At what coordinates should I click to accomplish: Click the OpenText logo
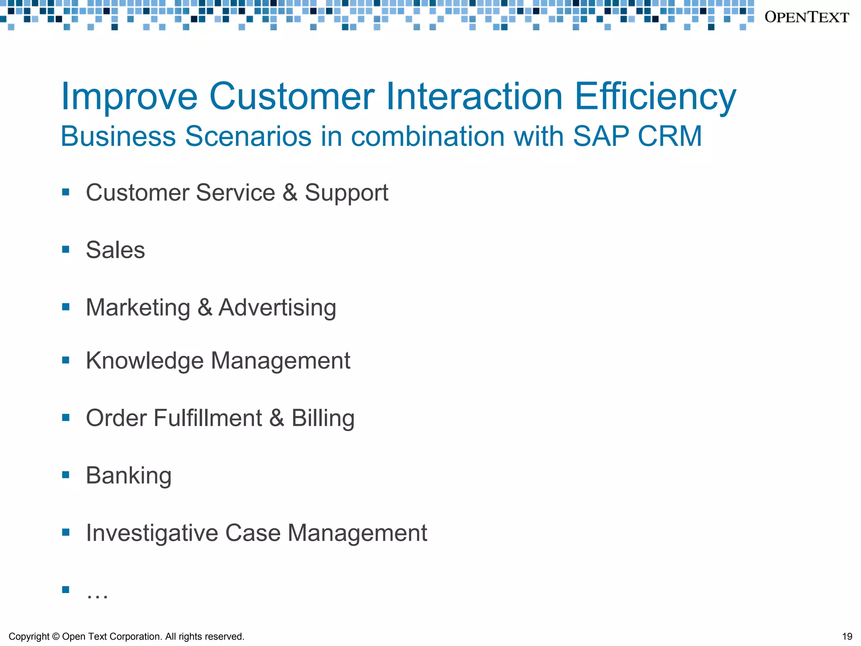coord(806,17)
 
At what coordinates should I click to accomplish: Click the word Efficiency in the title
coord(655,97)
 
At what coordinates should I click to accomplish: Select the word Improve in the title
coord(129,97)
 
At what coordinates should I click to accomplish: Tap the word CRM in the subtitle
coord(670,136)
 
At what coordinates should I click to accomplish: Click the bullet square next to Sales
coord(66,249)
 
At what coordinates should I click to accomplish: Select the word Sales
coord(115,250)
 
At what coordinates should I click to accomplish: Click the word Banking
coord(129,476)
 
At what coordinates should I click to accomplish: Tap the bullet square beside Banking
coord(66,475)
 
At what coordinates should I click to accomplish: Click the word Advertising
coord(277,307)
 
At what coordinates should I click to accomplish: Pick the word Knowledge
coord(145,361)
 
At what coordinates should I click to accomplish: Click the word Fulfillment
coord(208,418)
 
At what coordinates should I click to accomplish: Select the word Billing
coord(323,418)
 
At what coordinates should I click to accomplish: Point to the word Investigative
coord(152,533)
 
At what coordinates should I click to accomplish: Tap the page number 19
coord(847,636)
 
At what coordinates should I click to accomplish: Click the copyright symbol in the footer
coord(55,637)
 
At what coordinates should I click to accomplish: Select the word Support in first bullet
coord(346,193)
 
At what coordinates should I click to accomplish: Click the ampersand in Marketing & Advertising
coord(204,307)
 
